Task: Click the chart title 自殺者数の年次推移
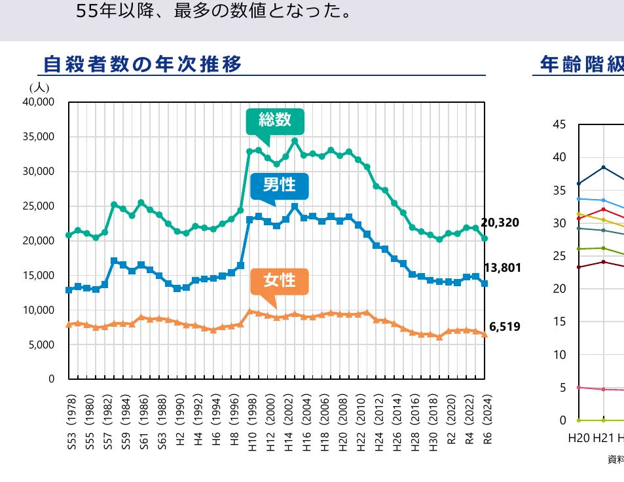(x=142, y=64)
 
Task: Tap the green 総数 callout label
(x=274, y=120)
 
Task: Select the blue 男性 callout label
(x=280, y=185)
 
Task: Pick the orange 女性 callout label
(x=279, y=281)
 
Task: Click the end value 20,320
(x=500, y=223)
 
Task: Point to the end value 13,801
(x=502, y=267)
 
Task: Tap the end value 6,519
(x=504, y=326)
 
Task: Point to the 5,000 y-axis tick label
(x=43, y=344)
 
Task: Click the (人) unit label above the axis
(x=39, y=86)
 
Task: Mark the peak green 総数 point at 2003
(x=295, y=141)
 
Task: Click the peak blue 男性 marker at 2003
(x=295, y=207)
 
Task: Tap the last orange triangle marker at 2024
(x=485, y=334)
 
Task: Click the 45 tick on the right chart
(x=559, y=124)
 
